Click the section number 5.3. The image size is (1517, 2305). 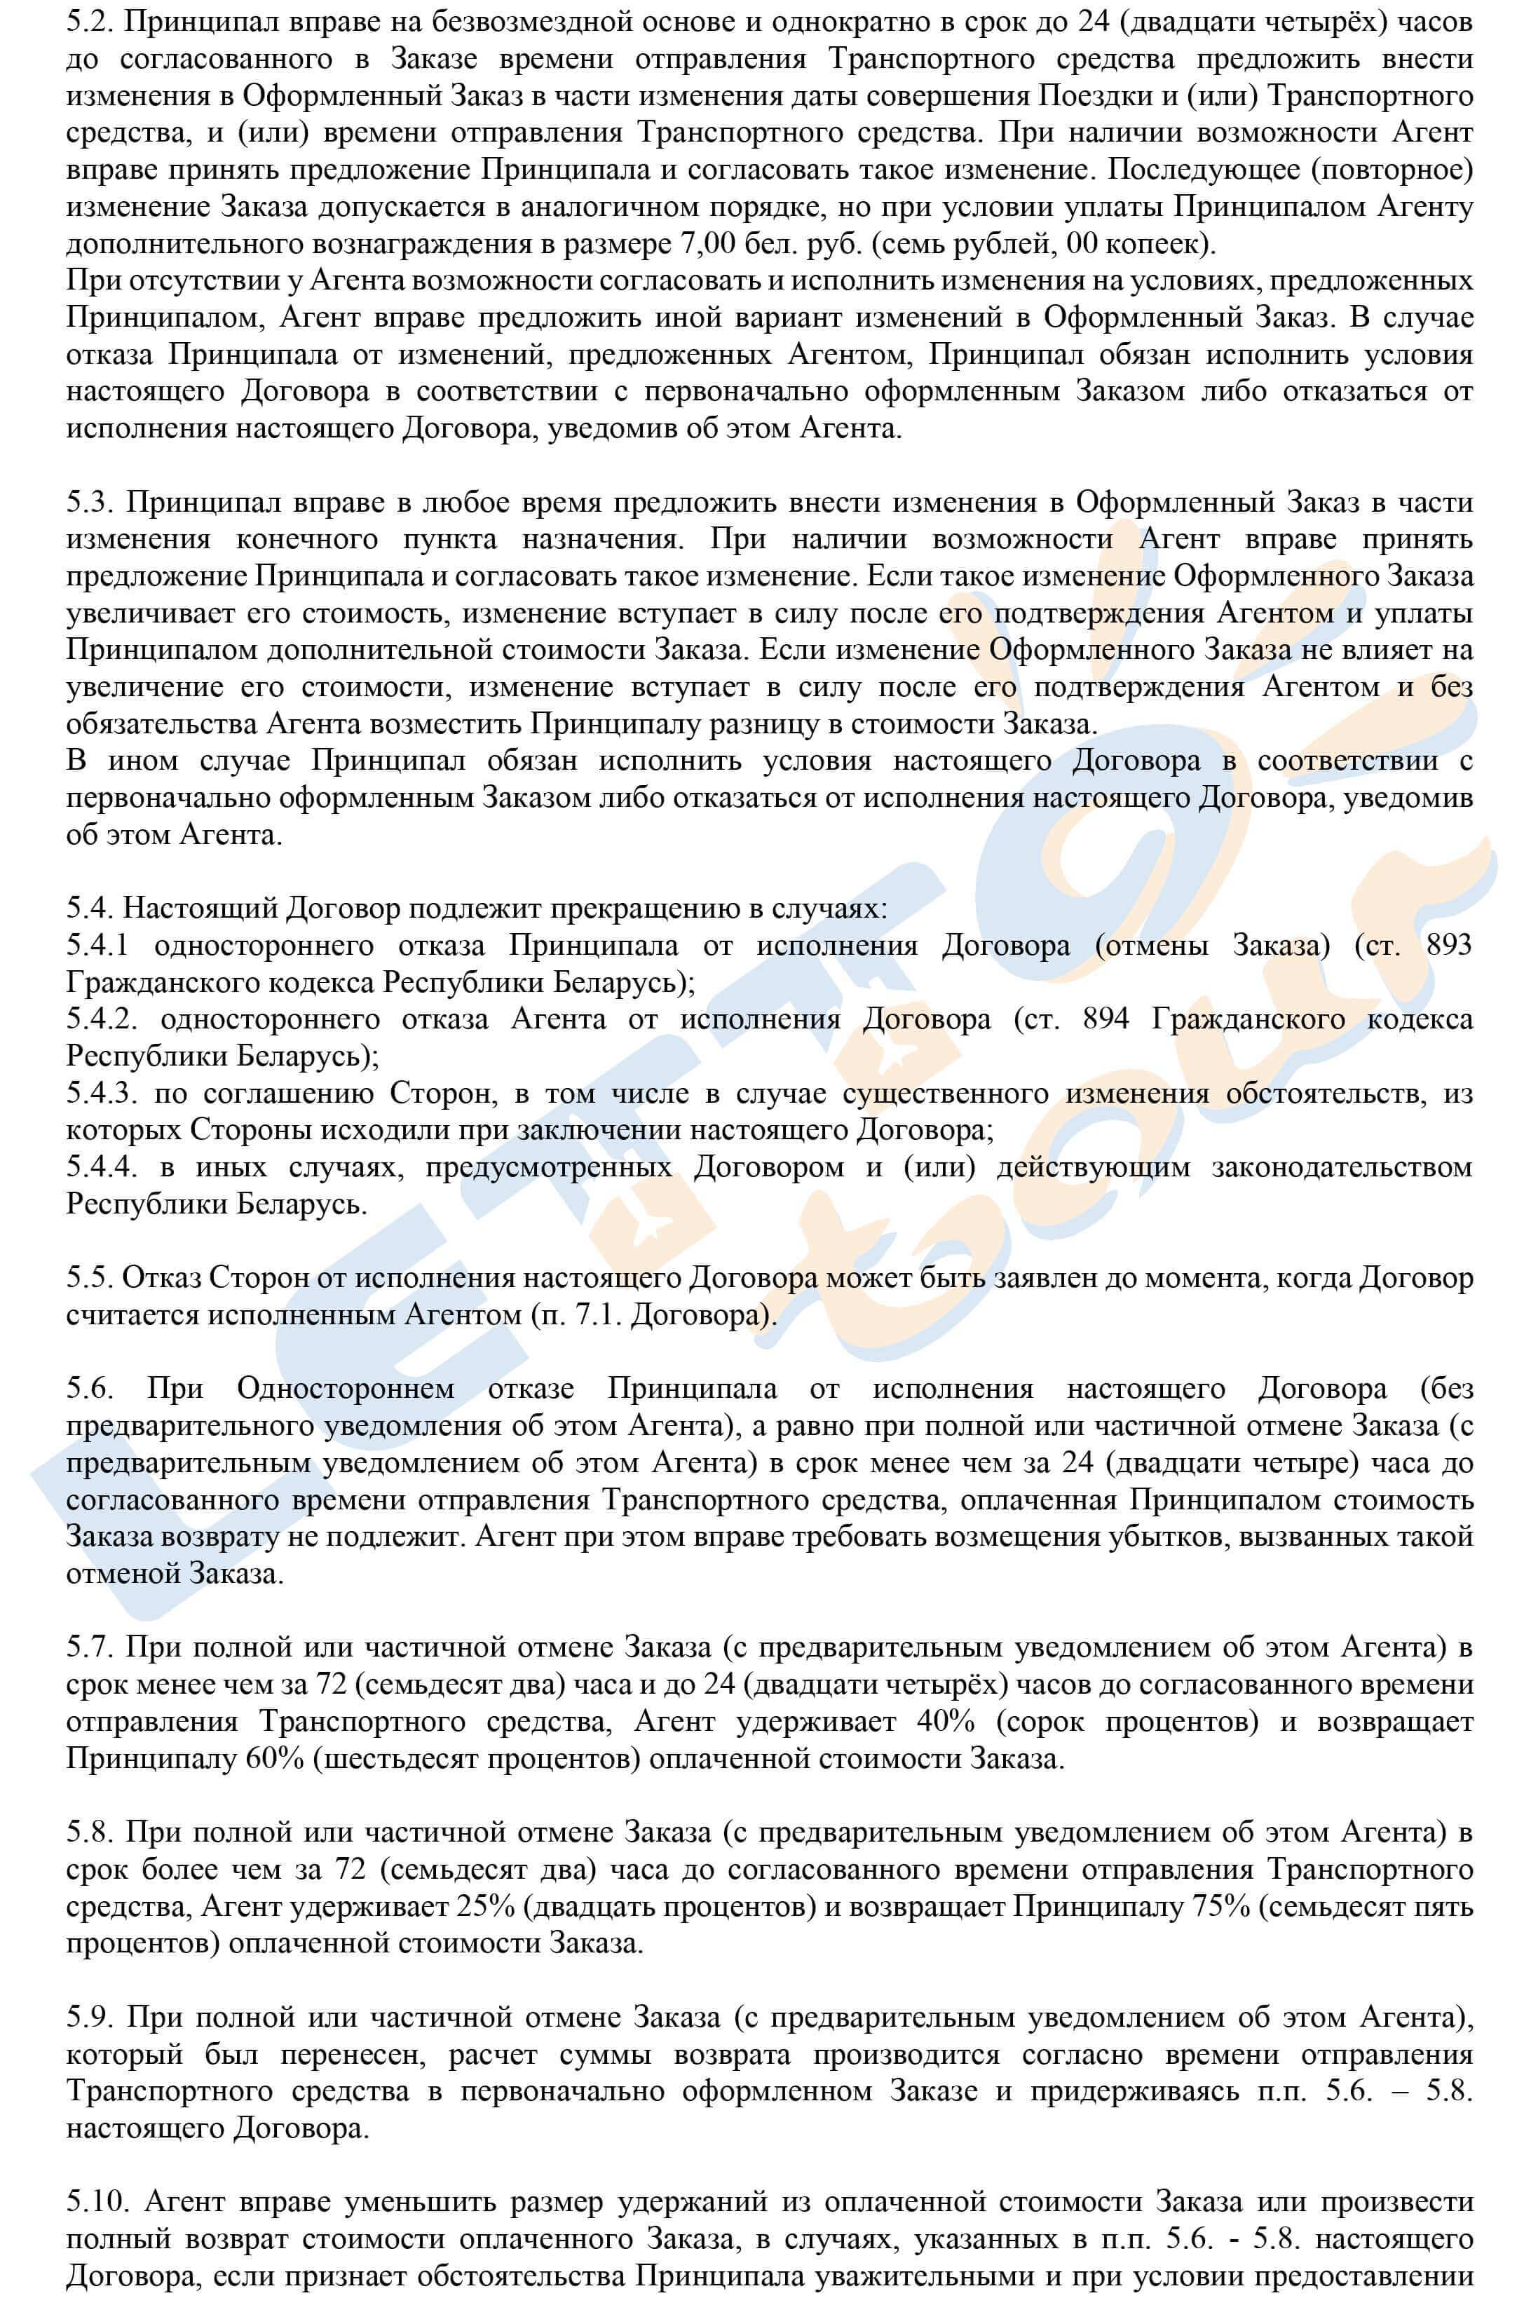(89, 503)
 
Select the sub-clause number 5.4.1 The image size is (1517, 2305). (99, 945)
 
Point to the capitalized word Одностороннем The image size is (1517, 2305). (346, 1389)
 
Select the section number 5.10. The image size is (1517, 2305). (95, 2201)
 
